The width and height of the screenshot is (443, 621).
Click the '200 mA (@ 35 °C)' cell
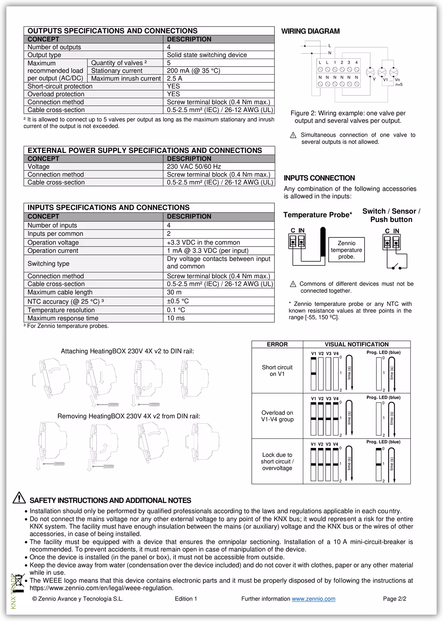point(193,71)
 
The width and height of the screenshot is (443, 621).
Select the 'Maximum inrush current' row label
point(126,79)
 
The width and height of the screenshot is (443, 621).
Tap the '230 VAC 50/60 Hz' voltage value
point(194,167)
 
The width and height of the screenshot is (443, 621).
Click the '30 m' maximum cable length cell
point(174,292)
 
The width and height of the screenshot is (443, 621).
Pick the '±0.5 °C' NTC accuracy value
point(178,301)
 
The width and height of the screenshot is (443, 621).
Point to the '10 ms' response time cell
point(176,318)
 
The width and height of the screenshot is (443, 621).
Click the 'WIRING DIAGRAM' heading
point(310,31)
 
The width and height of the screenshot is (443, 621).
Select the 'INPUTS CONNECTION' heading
point(319,178)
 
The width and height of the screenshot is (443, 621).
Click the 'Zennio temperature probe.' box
point(346,250)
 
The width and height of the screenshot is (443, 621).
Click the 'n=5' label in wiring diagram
point(399,85)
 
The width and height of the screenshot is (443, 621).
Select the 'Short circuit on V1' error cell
point(277,371)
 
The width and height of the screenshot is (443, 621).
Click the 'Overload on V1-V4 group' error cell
point(277,416)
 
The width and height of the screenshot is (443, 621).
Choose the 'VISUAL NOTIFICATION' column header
point(356,345)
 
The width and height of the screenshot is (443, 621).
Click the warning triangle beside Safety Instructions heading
point(19,498)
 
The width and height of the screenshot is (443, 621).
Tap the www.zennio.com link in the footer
point(313,599)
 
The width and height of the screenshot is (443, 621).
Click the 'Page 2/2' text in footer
point(395,599)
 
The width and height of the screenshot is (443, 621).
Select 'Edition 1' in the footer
point(186,599)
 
